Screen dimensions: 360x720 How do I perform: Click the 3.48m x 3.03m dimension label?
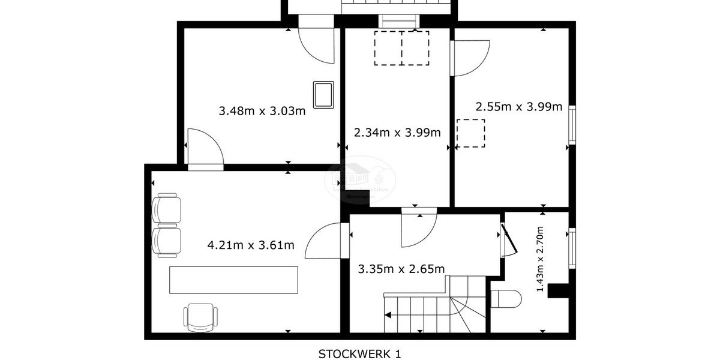tap(262, 111)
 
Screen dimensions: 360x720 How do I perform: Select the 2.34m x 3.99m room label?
tap(397, 133)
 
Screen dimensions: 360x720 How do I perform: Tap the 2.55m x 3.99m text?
tap(518, 107)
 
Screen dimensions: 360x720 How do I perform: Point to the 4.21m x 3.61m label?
tap(250, 245)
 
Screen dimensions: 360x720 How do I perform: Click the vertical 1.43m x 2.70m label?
tap(541, 259)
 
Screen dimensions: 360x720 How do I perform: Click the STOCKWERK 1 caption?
tap(359, 353)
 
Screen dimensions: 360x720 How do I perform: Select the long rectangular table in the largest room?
tap(233, 280)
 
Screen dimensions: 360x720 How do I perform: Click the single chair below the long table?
tap(200, 317)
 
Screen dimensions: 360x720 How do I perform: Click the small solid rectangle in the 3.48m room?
tap(324, 95)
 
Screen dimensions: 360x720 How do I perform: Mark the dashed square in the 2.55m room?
tap(470, 133)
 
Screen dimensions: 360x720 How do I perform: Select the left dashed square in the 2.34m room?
tap(388, 48)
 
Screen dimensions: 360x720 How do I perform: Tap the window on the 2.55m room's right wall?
tap(572, 125)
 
